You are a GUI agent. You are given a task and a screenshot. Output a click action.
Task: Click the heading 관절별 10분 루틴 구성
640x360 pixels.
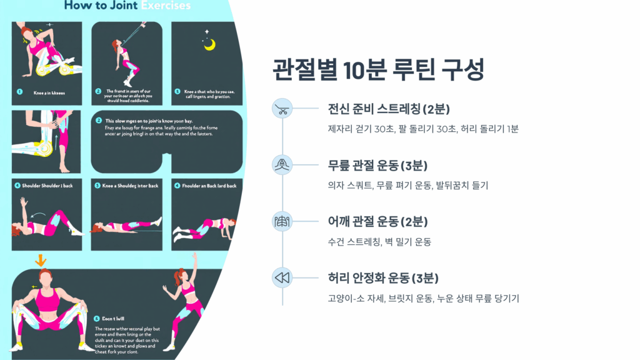(x=379, y=69)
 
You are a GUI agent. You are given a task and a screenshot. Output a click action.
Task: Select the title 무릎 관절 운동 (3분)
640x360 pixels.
(x=377, y=166)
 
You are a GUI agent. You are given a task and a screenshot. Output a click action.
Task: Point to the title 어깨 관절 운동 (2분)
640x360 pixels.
(x=377, y=221)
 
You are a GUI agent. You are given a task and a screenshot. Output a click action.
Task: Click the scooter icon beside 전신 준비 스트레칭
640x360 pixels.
(x=282, y=109)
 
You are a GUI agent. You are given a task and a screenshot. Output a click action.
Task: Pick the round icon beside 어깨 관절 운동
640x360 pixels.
(x=282, y=221)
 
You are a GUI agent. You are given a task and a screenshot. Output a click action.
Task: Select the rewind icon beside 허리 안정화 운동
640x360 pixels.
(x=282, y=277)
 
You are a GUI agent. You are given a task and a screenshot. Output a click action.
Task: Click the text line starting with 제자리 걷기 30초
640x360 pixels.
(x=423, y=129)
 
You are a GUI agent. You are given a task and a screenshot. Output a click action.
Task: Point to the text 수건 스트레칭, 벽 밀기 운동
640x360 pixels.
(x=379, y=242)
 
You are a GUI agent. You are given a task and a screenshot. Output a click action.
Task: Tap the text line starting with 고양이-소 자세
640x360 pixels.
(x=423, y=298)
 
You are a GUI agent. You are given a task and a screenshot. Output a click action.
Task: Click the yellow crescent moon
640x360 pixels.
(x=209, y=44)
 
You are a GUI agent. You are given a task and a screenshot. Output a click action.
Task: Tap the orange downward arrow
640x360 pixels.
(x=41, y=259)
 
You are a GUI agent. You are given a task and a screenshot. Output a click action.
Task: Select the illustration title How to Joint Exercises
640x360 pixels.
(x=127, y=6)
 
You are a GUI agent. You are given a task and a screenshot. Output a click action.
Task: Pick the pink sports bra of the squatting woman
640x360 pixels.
(x=47, y=301)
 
